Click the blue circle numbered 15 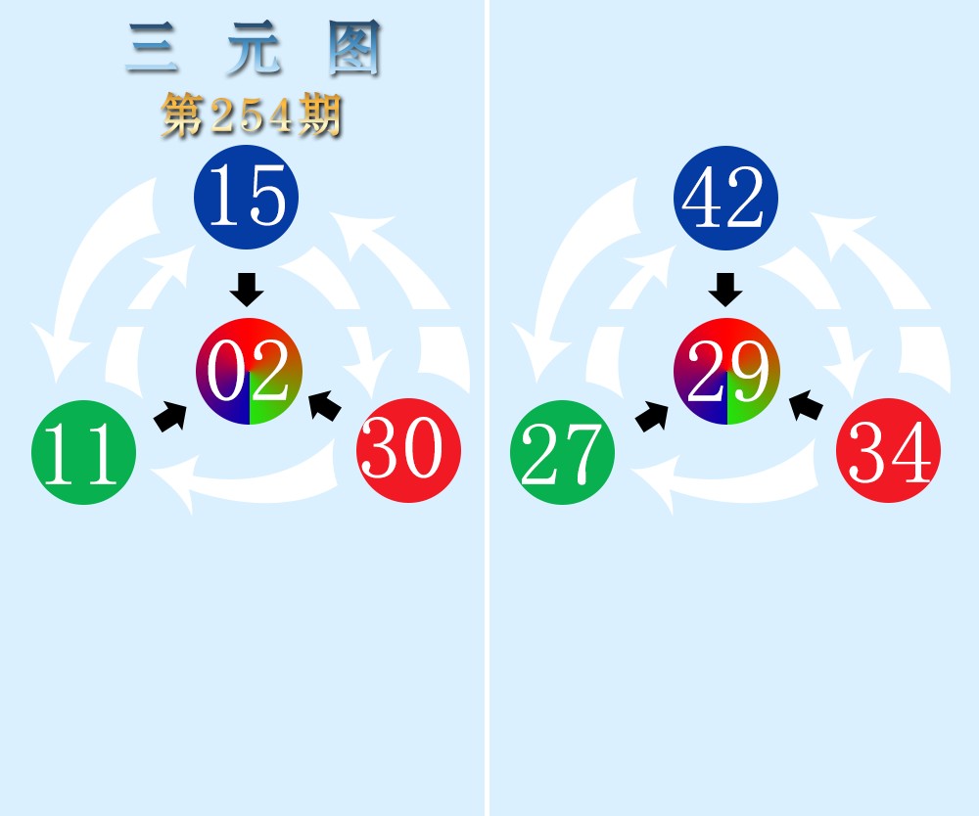[246, 197]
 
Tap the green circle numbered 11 [83, 452]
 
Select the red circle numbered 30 [409, 450]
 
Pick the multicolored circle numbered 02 [249, 371]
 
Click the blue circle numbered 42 [725, 198]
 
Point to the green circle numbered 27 [563, 452]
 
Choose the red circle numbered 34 [889, 450]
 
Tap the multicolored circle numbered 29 [726, 371]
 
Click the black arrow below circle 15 [247, 290]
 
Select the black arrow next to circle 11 [170, 417]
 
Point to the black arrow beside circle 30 [325, 406]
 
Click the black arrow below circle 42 [725, 290]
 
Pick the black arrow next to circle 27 [651, 417]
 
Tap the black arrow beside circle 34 [806, 406]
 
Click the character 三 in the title [152, 47]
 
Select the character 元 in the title [253, 47]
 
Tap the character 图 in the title [354, 47]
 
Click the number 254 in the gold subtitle [252, 116]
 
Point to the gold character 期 [320, 115]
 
